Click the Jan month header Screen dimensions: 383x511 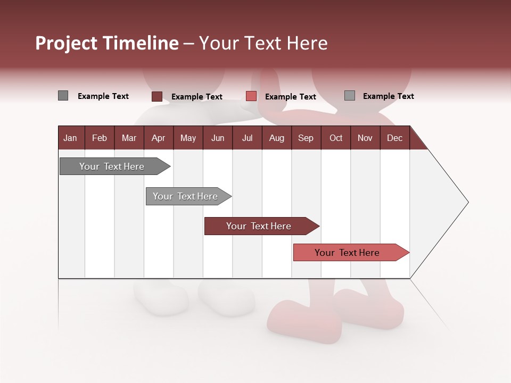tap(71, 138)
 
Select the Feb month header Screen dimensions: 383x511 tap(100, 138)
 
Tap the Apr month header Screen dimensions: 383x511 tap(159, 138)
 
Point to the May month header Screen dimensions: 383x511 tap(188, 138)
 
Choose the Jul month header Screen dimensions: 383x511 tap(247, 138)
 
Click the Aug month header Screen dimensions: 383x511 tap(276, 138)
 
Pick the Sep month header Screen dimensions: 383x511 tap(306, 138)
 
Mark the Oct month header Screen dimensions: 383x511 tap(336, 138)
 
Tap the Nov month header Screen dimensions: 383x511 tap(365, 138)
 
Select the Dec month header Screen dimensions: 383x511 tap(394, 138)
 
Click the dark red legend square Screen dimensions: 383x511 tap(156, 96)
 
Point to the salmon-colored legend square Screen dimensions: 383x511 tap(251, 96)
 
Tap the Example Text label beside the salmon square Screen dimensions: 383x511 tap(290, 97)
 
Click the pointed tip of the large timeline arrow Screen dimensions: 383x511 tap(467, 202)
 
